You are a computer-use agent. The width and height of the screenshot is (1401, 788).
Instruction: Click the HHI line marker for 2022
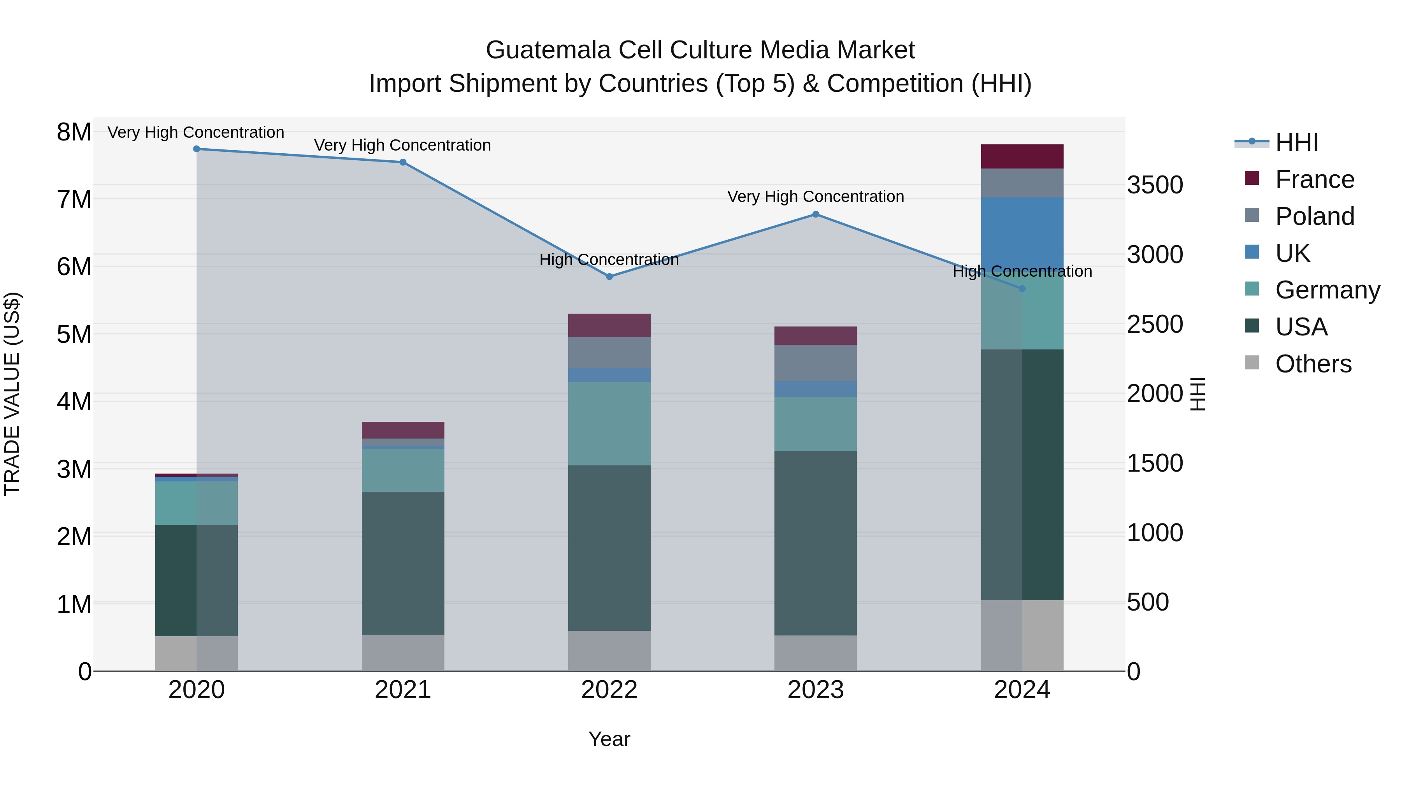609,276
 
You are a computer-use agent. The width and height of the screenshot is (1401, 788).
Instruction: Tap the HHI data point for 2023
815,214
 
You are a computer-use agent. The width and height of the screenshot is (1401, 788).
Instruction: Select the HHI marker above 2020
197,149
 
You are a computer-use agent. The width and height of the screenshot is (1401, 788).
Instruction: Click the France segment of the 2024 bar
1022,156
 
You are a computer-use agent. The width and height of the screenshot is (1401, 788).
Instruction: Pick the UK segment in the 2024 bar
1022,234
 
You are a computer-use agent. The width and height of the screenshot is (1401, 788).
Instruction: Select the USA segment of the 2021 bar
403,563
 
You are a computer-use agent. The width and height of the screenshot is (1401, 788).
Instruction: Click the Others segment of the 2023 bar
815,653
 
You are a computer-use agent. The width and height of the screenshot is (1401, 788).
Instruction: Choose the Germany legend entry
1327,290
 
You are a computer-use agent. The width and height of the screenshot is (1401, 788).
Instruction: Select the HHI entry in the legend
1297,142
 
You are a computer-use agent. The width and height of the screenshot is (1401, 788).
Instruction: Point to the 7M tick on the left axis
74,199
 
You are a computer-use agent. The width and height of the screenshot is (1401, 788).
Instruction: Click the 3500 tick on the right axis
1155,185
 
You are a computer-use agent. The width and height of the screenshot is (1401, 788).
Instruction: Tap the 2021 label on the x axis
403,690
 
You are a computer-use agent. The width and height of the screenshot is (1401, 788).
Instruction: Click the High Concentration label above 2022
609,260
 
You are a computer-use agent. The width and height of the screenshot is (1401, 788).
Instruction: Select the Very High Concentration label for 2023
815,197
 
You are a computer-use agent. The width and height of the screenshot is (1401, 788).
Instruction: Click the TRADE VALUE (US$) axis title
12,394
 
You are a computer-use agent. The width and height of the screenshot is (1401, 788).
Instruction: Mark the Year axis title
609,739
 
